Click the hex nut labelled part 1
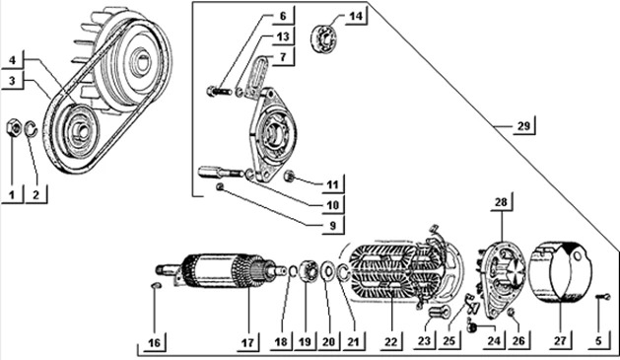point(14,128)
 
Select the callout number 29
point(523,126)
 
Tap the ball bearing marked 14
point(325,37)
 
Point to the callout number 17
point(247,342)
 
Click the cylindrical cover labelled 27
point(561,275)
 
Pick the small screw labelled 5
point(603,297)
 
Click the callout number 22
point(390,341)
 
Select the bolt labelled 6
point(219,92)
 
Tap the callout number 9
point(332,225)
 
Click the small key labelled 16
point(156,285)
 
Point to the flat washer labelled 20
point(327,272)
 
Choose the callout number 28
point(501,202)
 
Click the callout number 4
point(12,60)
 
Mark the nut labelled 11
point(290,176)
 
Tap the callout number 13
point(283,36)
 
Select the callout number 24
point(494,340)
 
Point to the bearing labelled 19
point(310,270)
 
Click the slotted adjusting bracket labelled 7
point(257,77)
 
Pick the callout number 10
point(332,205)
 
